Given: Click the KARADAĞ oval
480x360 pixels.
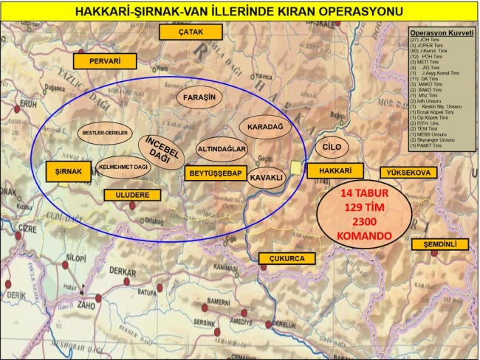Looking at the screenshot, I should (266, 127).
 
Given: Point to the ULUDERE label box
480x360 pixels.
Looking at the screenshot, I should (132, 195).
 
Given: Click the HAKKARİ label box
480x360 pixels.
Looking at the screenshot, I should (327, 170).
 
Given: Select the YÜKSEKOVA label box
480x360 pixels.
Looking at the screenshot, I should (409, 173).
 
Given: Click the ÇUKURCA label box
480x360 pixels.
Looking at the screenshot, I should (287, 258).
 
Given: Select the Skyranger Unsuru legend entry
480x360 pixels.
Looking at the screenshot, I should (436, 139).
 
